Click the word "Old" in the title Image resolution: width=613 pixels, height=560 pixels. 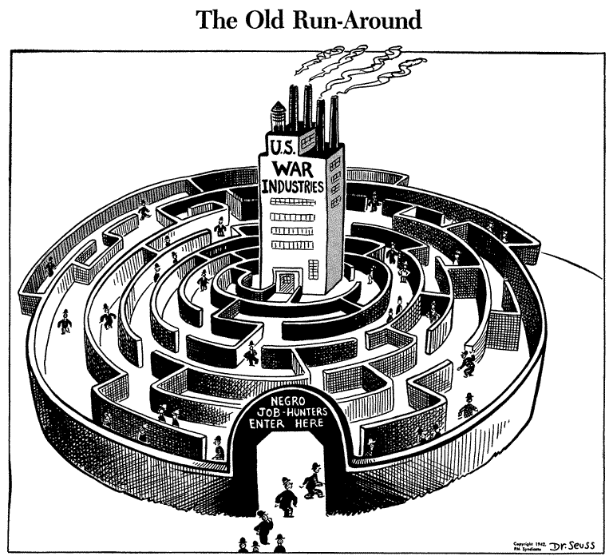click(x=267, y=20)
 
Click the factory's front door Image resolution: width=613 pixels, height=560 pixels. click(x=285, y=280)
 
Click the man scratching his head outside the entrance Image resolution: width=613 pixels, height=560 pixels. click(x=264, y=525)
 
